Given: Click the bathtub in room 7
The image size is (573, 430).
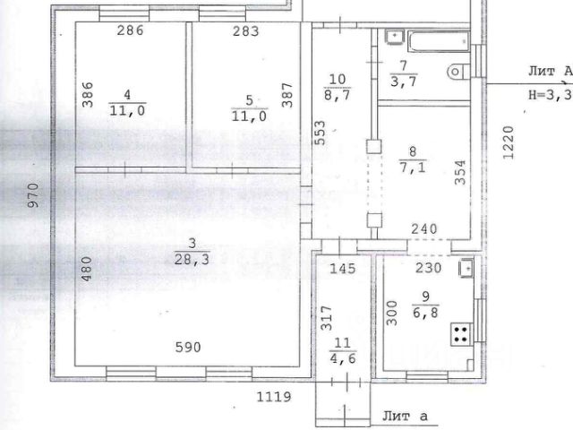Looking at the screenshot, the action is tap(439, 41).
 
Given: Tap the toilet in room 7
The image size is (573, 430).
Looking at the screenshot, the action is tap(458, 72).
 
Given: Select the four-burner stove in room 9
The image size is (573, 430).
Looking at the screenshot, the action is tap(460, 334).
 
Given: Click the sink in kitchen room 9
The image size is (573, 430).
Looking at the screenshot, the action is tap(466, 269).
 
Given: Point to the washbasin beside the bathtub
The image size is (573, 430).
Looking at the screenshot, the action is tap(395, 37).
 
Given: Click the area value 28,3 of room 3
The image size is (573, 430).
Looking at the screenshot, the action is tap(192, 259).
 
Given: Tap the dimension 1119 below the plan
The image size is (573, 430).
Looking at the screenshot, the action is tap(274, 397).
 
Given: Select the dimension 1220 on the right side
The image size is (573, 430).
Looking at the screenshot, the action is tap(509, 142).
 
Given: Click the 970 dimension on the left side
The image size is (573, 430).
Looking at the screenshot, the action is tap(33, 195).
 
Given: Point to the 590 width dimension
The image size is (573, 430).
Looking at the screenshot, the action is tap(188, 347).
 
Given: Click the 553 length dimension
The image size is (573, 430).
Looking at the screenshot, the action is tap(320, 133).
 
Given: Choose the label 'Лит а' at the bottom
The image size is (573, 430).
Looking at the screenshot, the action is tap(405, 416).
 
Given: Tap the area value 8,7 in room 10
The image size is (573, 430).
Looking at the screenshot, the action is tap(337, 96).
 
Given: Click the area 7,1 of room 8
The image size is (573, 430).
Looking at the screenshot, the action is tap(413, 168).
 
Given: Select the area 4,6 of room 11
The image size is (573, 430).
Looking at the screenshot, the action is tap(342, 358).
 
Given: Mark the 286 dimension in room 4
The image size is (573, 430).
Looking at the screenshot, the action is tap(130, 30).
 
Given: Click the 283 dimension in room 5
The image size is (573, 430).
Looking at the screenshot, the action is tap(245, 31).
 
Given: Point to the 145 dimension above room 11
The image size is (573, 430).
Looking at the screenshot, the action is tap(342, 269).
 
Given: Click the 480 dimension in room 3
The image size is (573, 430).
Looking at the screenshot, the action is tap(87, 269).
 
